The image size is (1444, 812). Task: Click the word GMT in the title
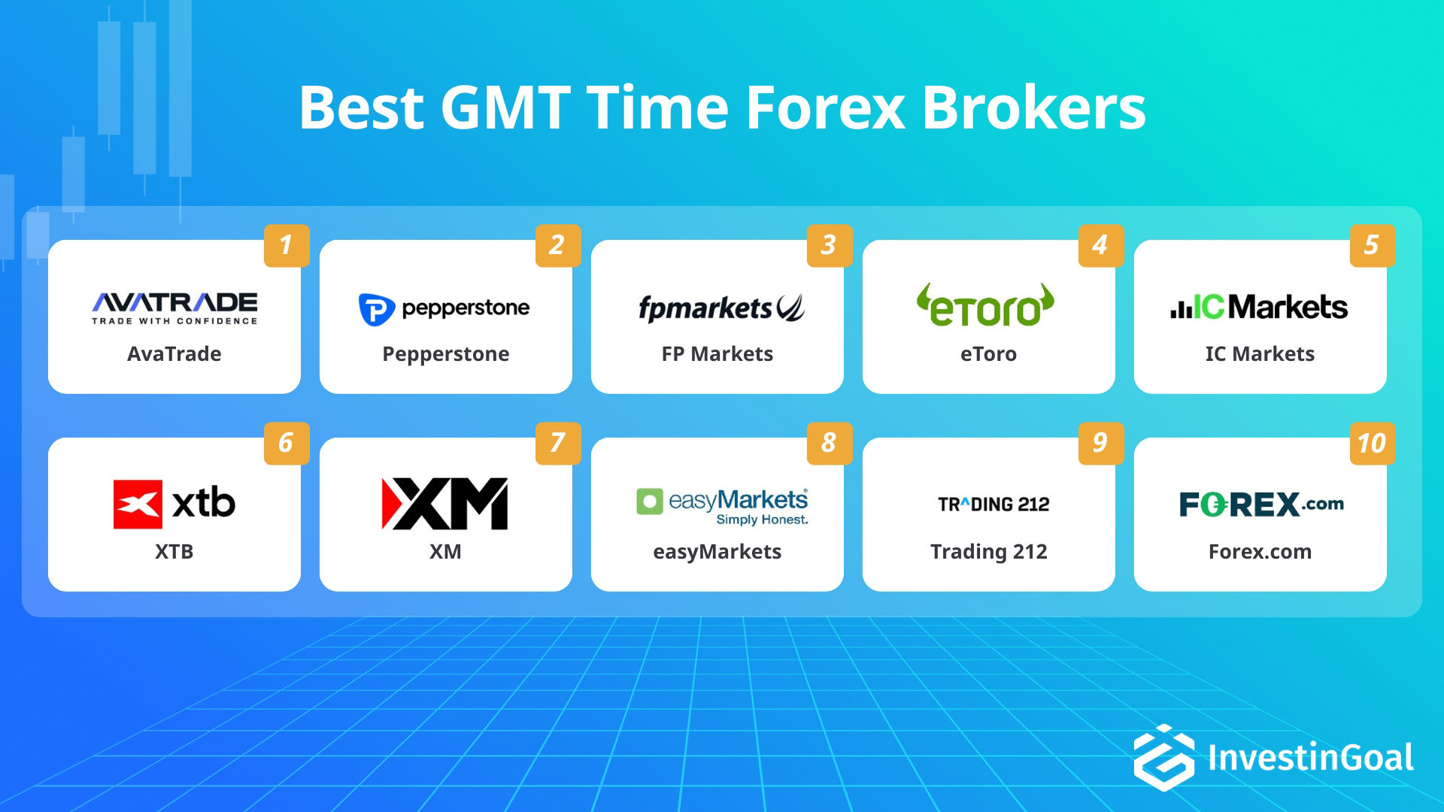pyautogui.click(x=505, y=108)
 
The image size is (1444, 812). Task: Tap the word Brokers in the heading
pyautogui.click(x=1033, y=108)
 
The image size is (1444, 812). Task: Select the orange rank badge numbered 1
pyautogui.click(x=287, y=245)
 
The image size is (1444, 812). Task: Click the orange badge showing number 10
pyautogui.click(x=1372, y=443)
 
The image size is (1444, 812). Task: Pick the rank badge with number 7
pyautogui.click(x=557, y=443)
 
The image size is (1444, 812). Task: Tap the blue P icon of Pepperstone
pyautogui.click(x=376, y=309)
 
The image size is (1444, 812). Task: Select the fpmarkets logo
pyautogui.click(x=720, y=308)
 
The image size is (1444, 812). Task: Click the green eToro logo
pyautogui.click(x=986, y=306)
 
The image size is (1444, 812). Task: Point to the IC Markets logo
pyautogui.click(x=1259, y=307)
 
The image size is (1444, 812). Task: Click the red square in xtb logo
pyautogui.click(x=138, y=504)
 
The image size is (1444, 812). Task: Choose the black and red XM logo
pyautogui.click(x=444, y=504)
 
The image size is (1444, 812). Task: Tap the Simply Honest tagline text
pyautogui.click(x=761, y=520)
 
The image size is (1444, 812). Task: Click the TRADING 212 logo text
pyautogui.click(x=993, y=504)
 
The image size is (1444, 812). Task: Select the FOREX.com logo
pyautogui.click(x=1260, y=504)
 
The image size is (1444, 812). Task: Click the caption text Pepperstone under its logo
pyautogui.click(x=445, y=354)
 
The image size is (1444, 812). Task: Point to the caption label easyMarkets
pyautogui.click(x=717, y=552)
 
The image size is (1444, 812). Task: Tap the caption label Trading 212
pyautogui.click(x=988, y=552)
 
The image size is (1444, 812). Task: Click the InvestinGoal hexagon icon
pyautogui.click(x=1163, y=757)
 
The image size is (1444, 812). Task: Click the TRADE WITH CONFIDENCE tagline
pyautogui.click(x=174, y=321)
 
